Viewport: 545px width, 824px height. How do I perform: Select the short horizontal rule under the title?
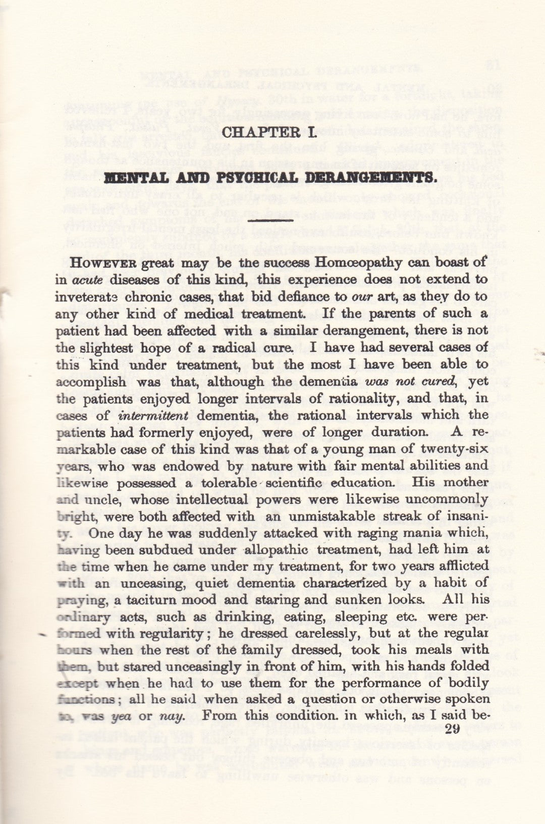coord(272,220)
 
